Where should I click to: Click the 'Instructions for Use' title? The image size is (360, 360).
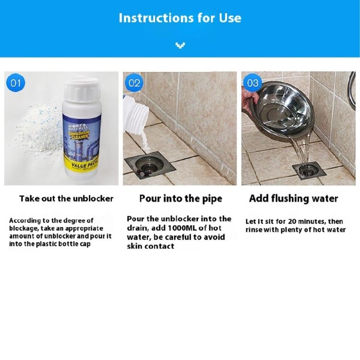coord(180,19)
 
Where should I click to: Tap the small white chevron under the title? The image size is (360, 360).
coord(180,46)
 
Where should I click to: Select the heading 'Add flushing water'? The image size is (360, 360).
coord(294,198)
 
